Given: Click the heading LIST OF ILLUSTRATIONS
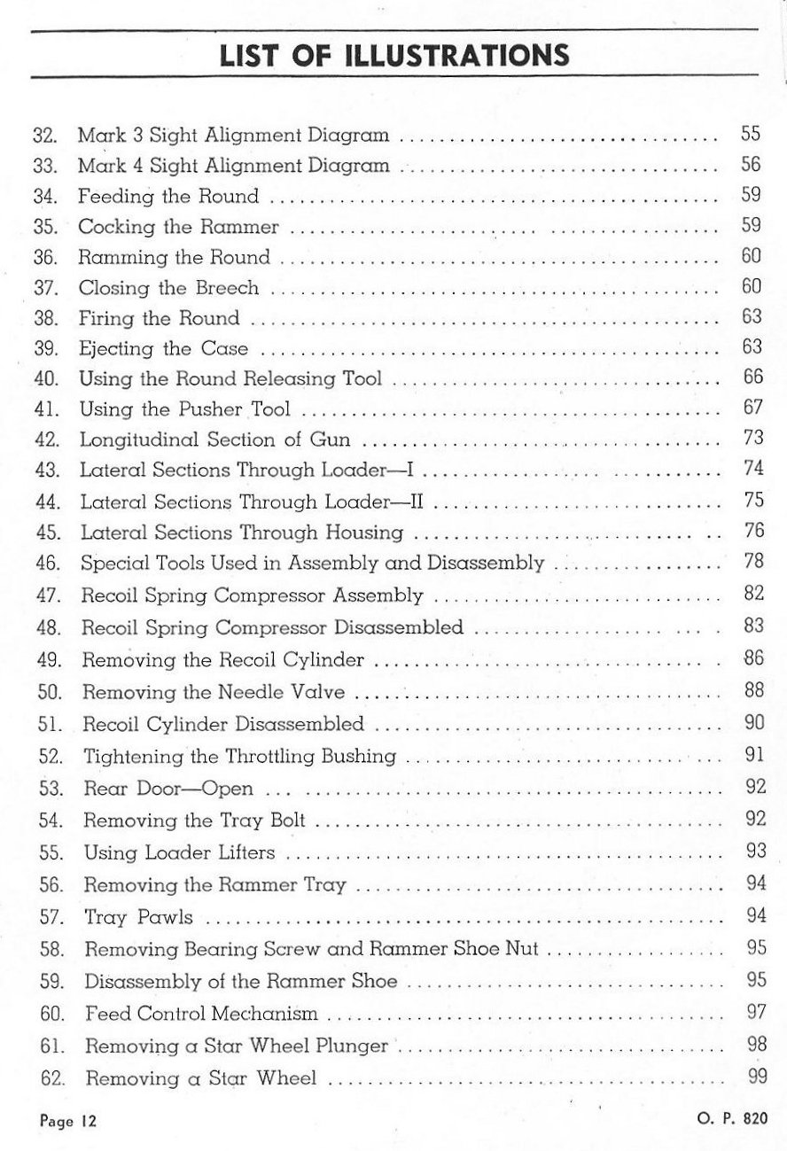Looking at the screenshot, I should (x=394, y=56).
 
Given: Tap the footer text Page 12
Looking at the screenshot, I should (x=68, y=1120).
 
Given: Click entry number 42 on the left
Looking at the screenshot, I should (x=46, y=440).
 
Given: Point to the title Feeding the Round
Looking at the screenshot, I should (x=168, y=197).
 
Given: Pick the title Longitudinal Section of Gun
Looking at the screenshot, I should (x=214, y=440).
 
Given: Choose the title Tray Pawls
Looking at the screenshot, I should (x=138, y=917).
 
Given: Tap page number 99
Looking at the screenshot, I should (x=756, y=1077).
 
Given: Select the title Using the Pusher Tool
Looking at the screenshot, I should (x=185, y=410).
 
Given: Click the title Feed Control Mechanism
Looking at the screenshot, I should (x=200, y=1013).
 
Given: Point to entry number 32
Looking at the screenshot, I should (x=44, y=136).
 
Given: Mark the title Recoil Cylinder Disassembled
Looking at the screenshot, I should (x=223, y=725).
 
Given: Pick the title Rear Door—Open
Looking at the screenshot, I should (x=168, y=789).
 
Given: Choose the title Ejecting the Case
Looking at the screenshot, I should (x=163, y=348).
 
